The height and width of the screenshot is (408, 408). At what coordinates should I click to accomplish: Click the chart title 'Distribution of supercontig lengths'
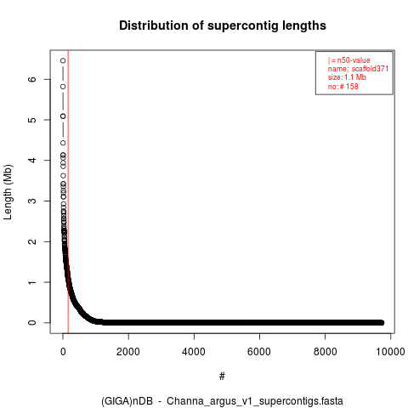[223, 25]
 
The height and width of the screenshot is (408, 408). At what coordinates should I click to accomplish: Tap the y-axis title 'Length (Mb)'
[8, 192]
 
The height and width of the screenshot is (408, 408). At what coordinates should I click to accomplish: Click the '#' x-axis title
[222, 377]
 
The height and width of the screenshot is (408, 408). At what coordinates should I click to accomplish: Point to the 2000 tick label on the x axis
[128, 352]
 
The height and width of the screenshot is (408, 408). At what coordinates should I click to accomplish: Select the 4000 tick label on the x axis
[194, 352]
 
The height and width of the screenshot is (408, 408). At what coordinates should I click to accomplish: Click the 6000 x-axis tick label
[259, 352]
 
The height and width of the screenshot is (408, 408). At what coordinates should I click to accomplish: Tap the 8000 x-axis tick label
[325, 352]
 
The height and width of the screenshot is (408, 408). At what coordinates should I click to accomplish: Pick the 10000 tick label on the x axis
[390, 352]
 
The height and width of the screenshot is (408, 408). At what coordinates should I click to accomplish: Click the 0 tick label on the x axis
[63, 352]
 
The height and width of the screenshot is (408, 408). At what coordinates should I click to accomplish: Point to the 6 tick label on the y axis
[32, 79]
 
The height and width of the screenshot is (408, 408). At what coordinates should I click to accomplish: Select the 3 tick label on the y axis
[32, 201]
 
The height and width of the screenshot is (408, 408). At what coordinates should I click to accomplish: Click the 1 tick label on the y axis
[32, 282]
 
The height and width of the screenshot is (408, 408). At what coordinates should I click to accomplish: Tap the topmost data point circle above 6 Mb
[63, 60]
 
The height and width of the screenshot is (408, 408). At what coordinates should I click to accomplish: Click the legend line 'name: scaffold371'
[358, 69]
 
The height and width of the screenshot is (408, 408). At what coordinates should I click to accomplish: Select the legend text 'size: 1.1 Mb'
[347, 77]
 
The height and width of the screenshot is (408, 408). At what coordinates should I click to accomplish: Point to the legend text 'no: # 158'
[343, 86]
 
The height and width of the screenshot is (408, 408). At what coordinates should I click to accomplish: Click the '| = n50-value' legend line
[349, 60]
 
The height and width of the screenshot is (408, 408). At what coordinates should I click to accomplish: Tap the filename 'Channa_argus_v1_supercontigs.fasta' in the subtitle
[255, 401]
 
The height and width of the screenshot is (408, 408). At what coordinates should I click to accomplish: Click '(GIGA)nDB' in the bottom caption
[127, 401]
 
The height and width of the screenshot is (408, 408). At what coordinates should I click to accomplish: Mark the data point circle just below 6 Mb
[63, 87]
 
